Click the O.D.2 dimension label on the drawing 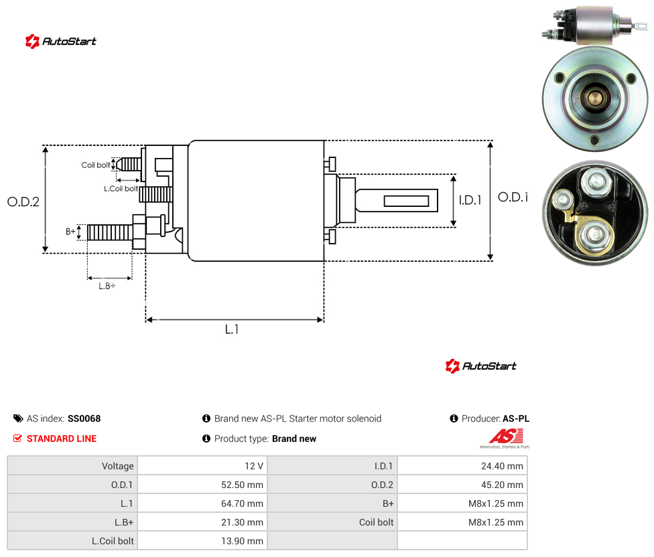tap(23, 202)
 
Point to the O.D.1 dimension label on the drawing tap(513, 197)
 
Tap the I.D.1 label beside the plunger tap(470, 200)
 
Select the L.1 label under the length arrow tap(232, 329)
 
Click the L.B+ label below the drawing tap(107, 286)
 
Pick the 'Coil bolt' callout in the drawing tap(96, 165)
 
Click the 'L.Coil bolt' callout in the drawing tap(121, 189)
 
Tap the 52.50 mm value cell tap(202, 485)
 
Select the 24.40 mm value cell tap(462, 466)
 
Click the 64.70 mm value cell tap(202, 503)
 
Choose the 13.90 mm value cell tap(202, 541)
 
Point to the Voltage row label tap(118, 466)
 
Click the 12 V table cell tap(202, 466)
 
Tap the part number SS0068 tap(84, 418)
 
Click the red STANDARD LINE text tap(62, 439)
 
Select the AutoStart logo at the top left tap(61, 42)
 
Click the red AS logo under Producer tap(506, 436)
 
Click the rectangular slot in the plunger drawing tap(406, 202)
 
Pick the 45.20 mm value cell tap(462, 485)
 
